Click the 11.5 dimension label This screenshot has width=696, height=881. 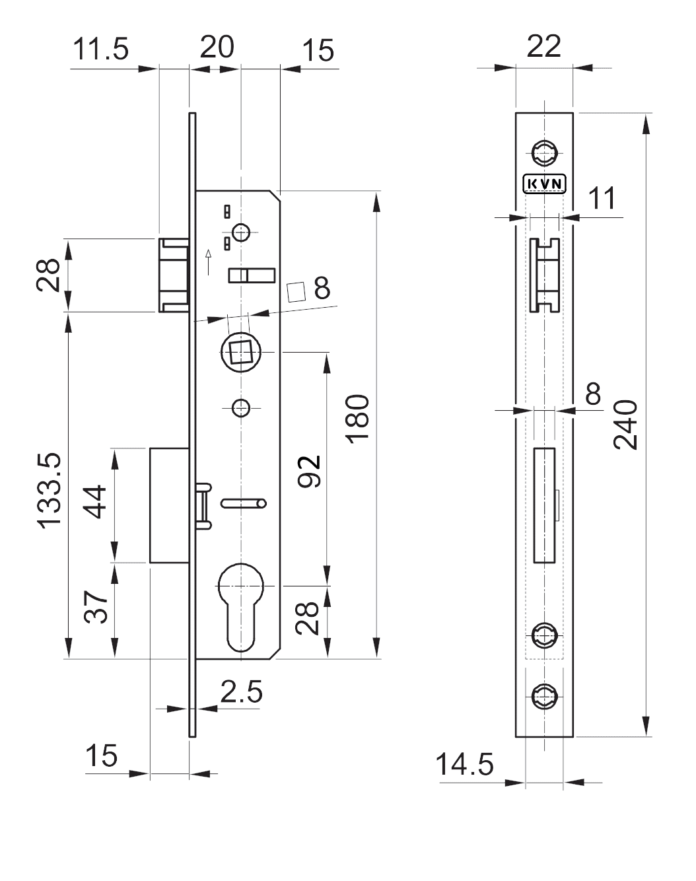(101, 50)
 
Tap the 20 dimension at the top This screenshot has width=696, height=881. (217, 48)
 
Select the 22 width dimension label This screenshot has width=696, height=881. (544, 46)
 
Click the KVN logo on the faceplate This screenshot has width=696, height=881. (545, 184)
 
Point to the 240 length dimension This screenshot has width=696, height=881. (626, 425)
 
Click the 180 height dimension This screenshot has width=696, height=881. (357, 419)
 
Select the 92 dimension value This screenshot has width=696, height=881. (309, 471)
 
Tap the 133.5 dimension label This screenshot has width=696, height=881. (50, 490)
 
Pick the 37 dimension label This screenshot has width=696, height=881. (96, 608)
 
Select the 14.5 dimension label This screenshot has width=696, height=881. (465, 764)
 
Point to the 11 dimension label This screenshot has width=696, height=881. (602, 198)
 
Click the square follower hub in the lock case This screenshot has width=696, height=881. (241, 352)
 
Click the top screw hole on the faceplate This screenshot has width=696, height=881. (545, 153)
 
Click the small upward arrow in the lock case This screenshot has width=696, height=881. (209, 262)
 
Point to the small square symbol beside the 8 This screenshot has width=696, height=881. (296, 291)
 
